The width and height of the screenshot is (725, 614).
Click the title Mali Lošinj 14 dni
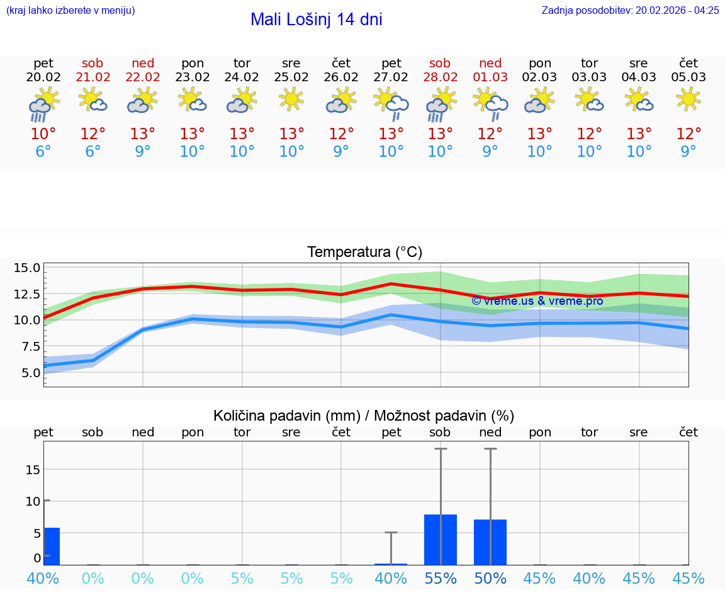316,20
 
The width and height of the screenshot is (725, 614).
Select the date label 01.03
490,77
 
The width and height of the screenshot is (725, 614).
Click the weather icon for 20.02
43,104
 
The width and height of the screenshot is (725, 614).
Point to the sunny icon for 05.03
688,99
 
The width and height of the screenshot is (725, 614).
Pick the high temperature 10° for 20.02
43,134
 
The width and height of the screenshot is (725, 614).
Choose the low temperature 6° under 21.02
93,152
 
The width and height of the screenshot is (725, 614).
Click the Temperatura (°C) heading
364,253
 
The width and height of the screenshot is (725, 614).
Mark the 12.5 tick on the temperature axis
27,294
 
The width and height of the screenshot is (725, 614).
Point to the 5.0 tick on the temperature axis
27,372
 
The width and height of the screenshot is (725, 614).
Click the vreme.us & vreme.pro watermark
537,301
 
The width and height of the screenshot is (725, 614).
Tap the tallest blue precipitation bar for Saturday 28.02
441,540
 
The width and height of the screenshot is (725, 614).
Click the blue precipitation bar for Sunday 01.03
490,542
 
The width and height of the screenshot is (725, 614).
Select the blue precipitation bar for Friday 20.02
52,546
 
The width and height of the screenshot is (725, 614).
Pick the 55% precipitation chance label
441,578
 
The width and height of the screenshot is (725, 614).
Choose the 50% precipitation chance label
490,578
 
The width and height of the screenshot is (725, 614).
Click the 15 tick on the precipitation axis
33,469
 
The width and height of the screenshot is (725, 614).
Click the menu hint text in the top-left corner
70,10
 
